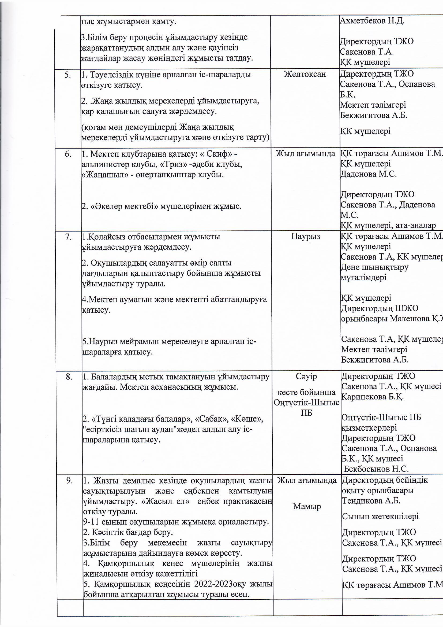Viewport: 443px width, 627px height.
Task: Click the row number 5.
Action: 68,75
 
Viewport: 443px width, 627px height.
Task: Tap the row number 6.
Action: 68,154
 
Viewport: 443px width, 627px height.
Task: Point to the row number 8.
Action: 69,377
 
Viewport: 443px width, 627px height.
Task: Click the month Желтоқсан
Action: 305,74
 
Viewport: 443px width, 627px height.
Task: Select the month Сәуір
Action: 306,377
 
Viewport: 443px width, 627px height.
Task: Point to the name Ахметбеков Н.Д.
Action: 372,21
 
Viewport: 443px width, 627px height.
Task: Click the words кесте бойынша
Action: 306,392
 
